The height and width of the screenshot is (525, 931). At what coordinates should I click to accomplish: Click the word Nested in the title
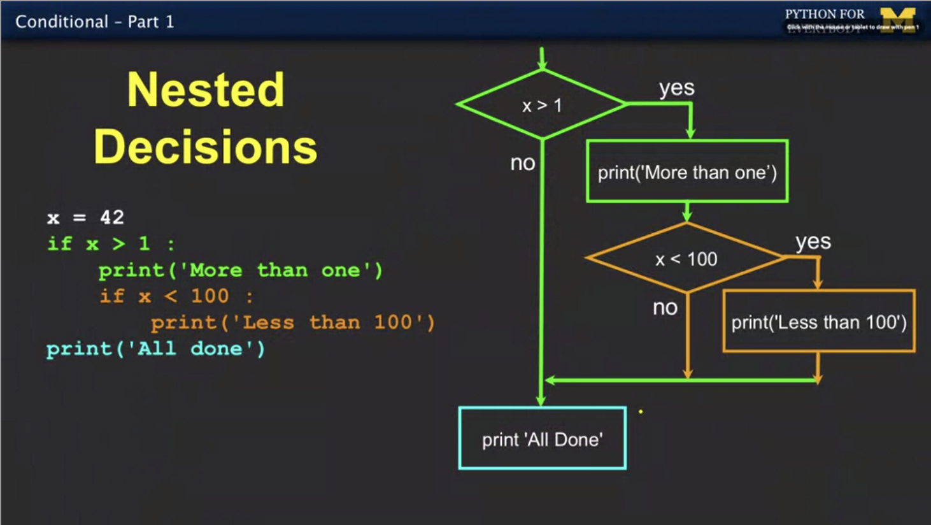(x=206, y=90)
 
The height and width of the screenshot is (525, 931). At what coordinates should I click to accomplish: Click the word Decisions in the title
(x=206, y=147)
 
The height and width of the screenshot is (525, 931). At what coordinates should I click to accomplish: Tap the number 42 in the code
(x=112, y=217)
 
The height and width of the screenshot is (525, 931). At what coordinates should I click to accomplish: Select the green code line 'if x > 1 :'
(x=111, y=243)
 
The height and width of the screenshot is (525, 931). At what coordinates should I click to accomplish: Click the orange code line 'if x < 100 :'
(x=176, y=296)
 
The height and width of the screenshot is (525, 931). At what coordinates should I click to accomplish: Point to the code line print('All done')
(x=155, y=349)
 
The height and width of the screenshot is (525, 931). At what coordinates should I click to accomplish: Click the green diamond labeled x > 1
(x=542, y=105)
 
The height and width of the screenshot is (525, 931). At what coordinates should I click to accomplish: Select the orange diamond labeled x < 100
(x=686, y=259)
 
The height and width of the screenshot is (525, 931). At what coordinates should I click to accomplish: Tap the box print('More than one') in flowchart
(x=687, y=172)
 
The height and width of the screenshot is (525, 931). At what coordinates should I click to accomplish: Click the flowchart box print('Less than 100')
(x=818, y=322)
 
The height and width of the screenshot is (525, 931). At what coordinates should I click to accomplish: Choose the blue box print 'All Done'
(x=542, y=439)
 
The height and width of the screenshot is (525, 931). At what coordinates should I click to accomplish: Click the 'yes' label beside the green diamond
(x=676, y=88)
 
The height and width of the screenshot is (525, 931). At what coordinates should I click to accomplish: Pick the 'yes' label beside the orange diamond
(x=813, y=241)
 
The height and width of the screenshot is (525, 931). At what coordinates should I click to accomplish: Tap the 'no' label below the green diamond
(x=522, y=163)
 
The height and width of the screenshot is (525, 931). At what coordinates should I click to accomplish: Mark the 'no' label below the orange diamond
(x=665, y=308)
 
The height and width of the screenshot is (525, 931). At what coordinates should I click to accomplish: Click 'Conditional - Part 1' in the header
(x=94, y=22)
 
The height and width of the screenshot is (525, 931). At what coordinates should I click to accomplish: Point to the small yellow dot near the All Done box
(x=641, y=412)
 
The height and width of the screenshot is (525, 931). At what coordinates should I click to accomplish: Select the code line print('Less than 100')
(x=292, y=322)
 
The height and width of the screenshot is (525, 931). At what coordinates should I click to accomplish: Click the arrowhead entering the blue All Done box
(x=541, y=400)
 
